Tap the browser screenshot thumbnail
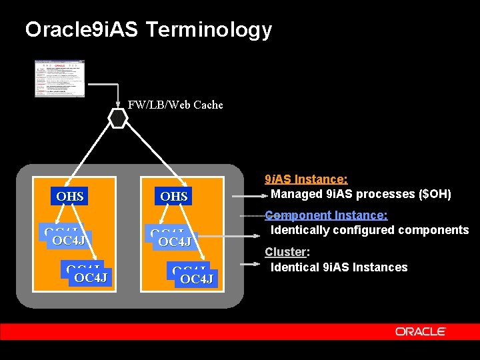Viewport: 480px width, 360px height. point(60,78)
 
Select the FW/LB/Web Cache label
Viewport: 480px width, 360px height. point(175,105)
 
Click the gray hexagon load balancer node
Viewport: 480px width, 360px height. point(118,118)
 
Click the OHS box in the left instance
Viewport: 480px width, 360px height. point(70,196)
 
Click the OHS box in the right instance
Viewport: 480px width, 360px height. point(174,196)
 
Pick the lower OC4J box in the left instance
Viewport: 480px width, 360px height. point(91,277)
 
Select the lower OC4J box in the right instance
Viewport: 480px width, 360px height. point(196,278)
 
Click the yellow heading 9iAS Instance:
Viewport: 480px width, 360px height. point(306,179)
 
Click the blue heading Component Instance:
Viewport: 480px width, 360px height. point(326,215)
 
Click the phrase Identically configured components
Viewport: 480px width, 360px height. point(369,230)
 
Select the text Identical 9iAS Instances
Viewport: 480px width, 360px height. point(339,267)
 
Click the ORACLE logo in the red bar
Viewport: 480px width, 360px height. point(420,331)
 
